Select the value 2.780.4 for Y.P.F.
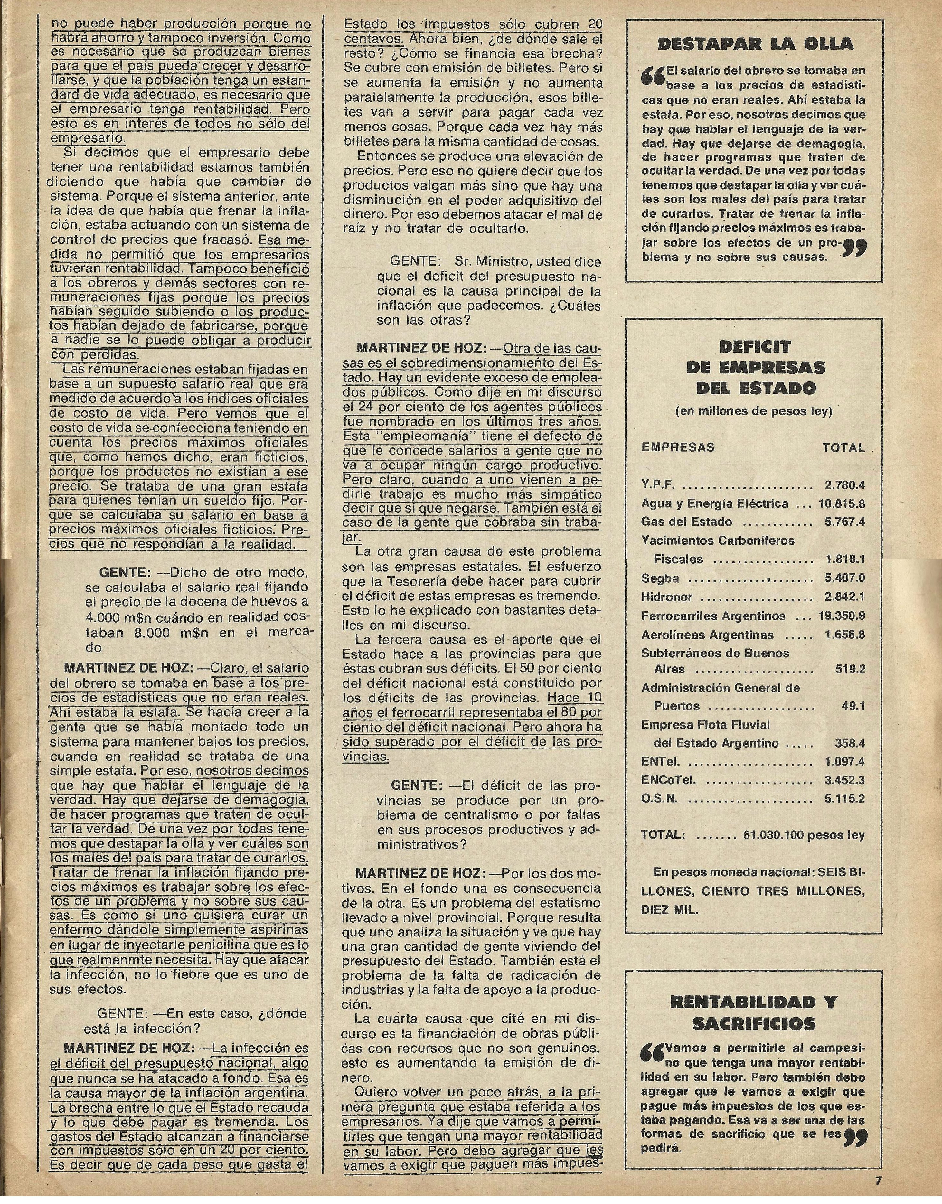tap(844, 485)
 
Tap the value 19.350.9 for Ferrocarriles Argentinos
tap(842, 616)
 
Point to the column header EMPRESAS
tap(678, 447)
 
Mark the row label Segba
tap(660, 578)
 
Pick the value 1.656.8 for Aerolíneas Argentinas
tap(844, 634)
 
